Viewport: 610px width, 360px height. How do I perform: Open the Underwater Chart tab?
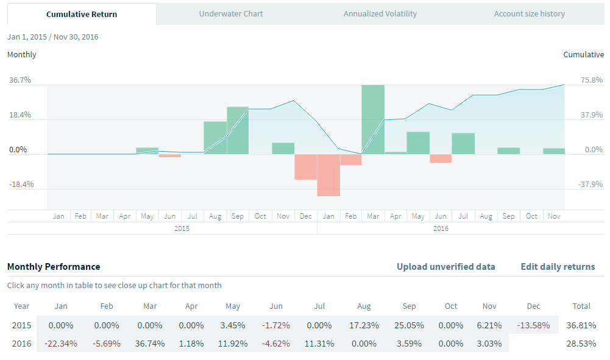[231, 14]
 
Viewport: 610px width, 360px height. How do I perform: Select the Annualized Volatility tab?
[380, 14]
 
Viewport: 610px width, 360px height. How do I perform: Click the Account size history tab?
[529, 14]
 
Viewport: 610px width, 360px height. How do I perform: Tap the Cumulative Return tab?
[82, 14]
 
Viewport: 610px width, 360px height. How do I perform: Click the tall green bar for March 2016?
[373, 119]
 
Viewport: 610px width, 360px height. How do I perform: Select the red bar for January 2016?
[328, 175]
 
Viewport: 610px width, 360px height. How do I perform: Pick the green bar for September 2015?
[238, 130]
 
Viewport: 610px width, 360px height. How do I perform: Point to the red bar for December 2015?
[305, 166]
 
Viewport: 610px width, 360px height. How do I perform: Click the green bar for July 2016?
[463, 143]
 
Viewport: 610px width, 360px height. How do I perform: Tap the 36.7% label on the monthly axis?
[20, 80]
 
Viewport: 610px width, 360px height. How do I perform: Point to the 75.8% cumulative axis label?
[590, 80]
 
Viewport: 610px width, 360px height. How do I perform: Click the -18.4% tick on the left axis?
[20, 185]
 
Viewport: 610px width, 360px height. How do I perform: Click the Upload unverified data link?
[445, 267]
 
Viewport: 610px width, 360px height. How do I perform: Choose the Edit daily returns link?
[558, 267]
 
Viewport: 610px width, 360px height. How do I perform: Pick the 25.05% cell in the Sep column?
[410, 325]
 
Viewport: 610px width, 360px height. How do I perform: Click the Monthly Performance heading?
[54, 267]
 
